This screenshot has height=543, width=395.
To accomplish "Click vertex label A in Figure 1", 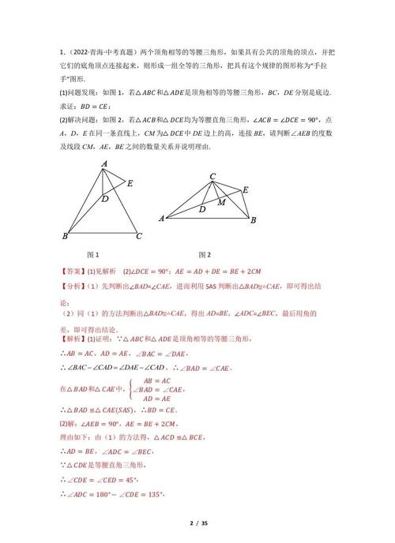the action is click(x=104, y=163).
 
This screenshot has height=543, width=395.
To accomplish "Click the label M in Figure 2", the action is click(x=222, y=202).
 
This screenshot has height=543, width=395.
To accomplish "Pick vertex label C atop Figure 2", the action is click(x=213, y=176).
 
